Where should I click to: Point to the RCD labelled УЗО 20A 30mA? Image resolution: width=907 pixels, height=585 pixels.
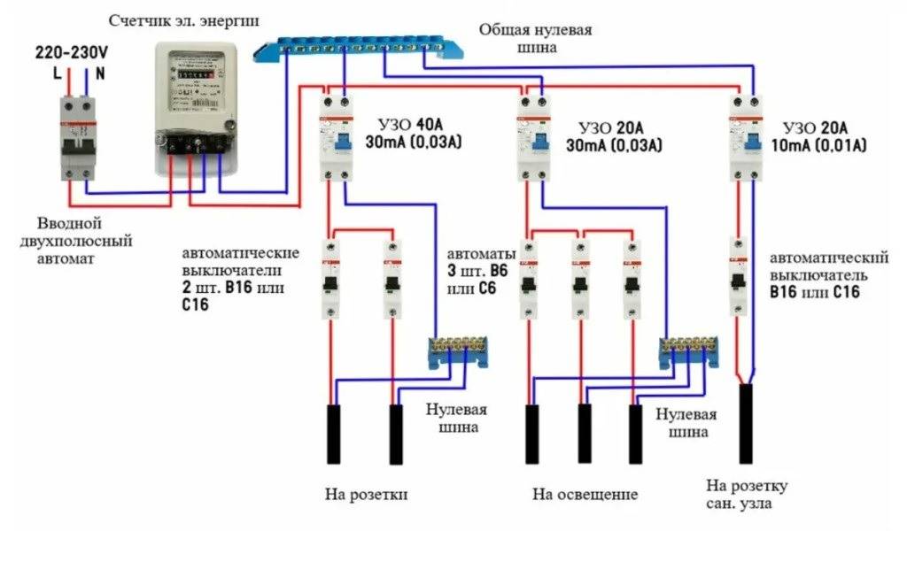(x=534, y=136)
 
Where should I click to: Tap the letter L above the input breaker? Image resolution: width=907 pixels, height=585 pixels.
(x=58, y=74)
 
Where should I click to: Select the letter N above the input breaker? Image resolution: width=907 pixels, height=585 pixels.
(x=100, y=74)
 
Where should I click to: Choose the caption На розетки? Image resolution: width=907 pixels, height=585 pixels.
(x=365, y=493)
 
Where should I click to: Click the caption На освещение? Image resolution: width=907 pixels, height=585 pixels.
(x=585, y=494)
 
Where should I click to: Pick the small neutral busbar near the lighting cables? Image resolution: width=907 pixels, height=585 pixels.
(x=687, y=352)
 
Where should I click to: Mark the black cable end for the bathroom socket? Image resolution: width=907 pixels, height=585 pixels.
(x=746, y=423)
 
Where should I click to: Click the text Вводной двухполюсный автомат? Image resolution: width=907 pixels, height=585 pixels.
(x=83, y=241)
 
